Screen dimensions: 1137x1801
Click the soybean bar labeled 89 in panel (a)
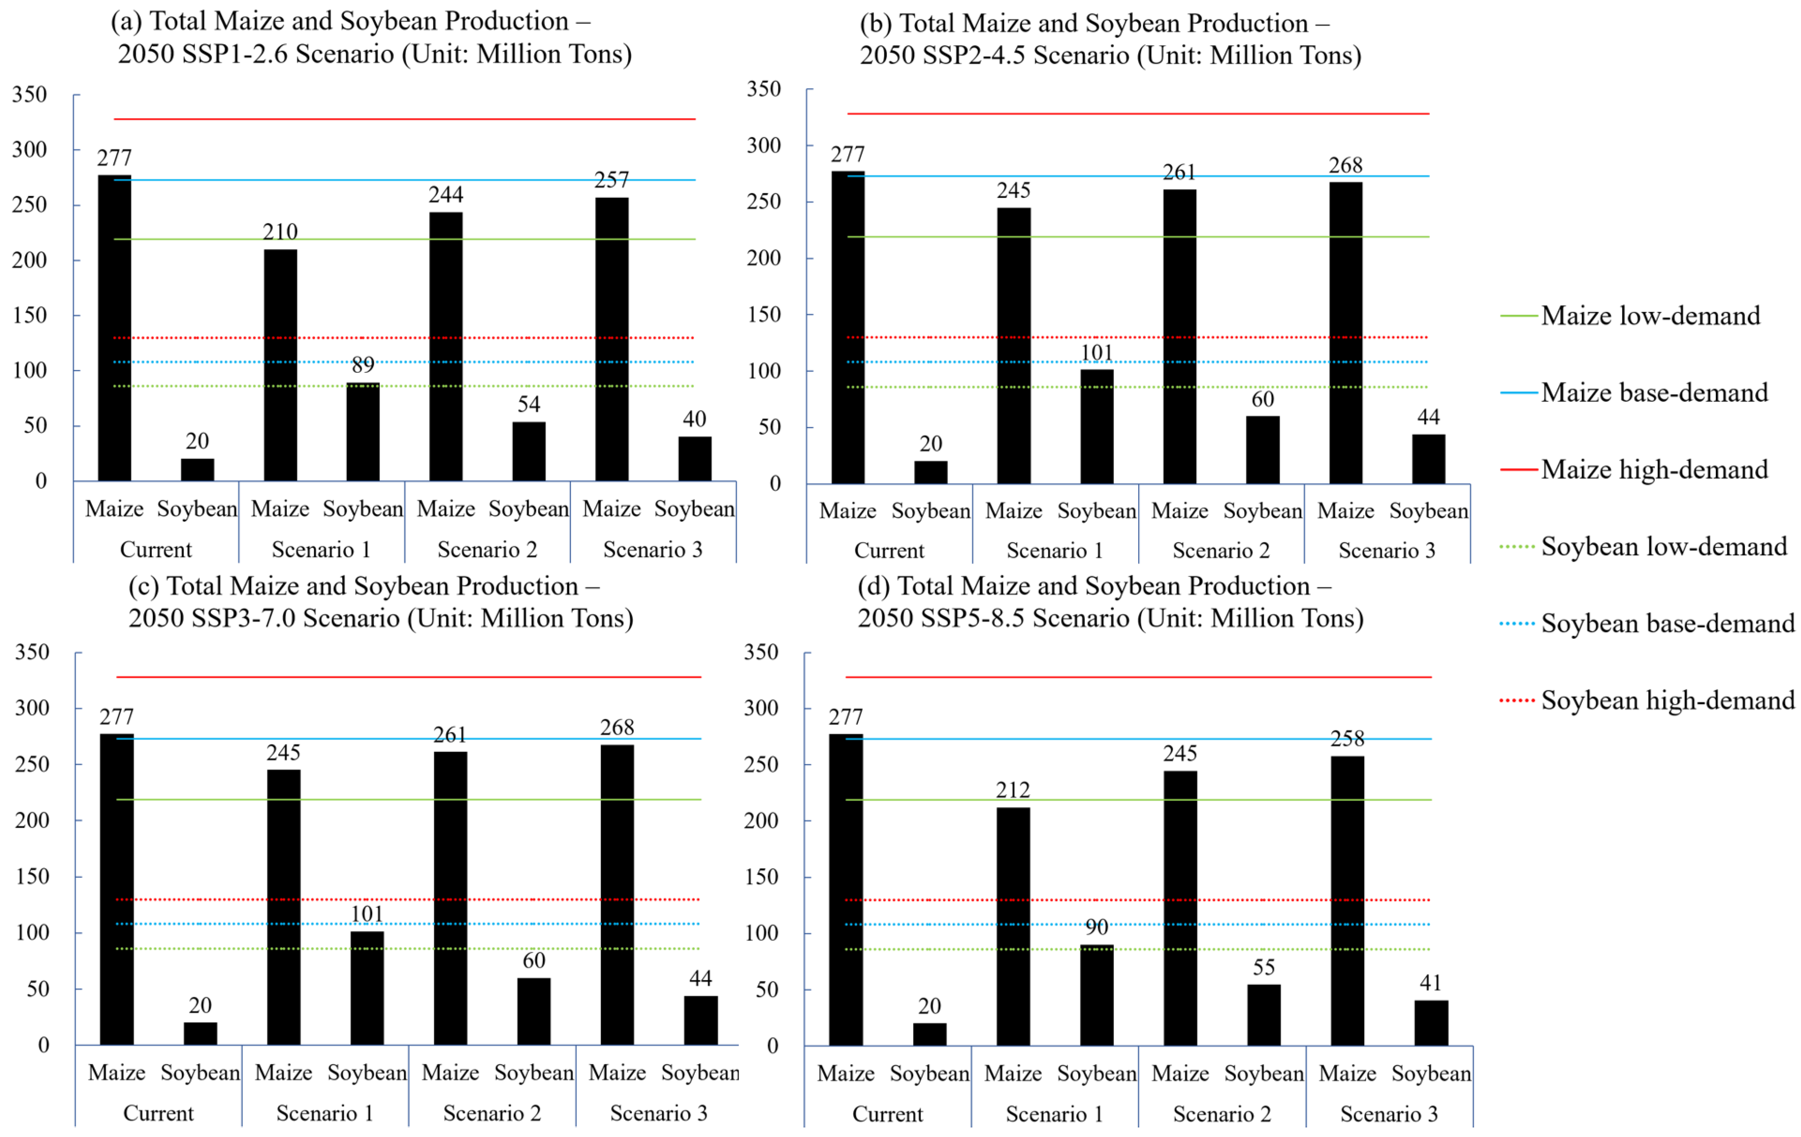click(363, 432)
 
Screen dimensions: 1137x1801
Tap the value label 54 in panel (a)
click(529, 404)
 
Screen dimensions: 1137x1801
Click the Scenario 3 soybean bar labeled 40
click(695, 458)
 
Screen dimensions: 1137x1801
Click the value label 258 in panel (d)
click(1347, 739)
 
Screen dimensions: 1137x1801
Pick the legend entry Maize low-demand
click(1650, 315)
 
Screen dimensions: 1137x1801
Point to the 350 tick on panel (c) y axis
click(32, 652)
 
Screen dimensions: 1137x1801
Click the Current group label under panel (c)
click(158, 1113)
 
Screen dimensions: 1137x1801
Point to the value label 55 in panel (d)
click(1263, 967)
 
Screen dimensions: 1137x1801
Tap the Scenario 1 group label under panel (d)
click(1054, 1114)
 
